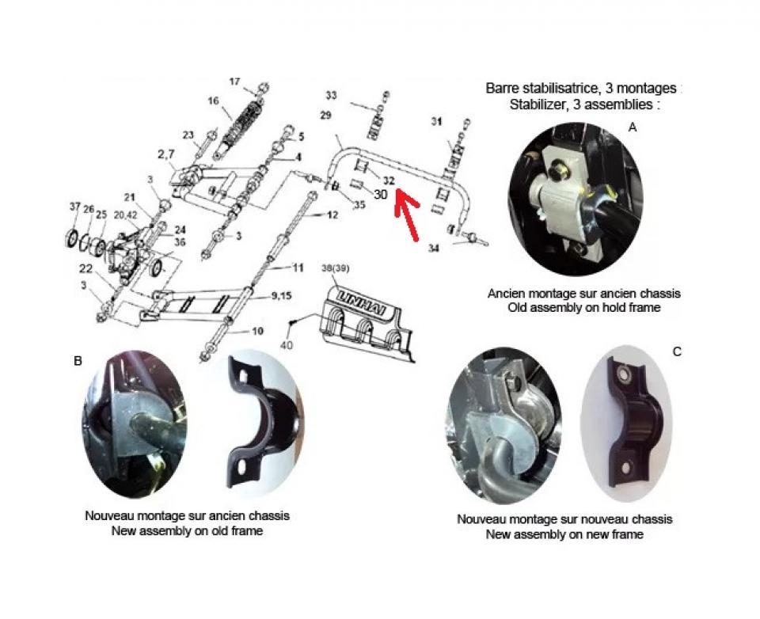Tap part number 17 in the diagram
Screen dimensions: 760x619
coord(234,82)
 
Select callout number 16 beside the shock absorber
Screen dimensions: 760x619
coord(214,101)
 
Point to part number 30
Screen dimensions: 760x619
coord(381,194)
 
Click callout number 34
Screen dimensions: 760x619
coord(434,249)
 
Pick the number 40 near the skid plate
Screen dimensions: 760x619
coord(287,345)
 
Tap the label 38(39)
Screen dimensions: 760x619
coord(335,268)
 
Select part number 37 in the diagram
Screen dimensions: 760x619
coord(74,207)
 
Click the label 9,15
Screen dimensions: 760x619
coord(282,295)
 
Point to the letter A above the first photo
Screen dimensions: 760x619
coord(632,127)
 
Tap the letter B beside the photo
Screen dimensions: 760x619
coord(78,361)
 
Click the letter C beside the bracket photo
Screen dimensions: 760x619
coord(677,352)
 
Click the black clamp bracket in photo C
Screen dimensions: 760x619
coord(632,422)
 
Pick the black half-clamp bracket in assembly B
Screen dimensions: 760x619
coord(262,422)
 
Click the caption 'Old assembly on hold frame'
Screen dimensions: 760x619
coord(584,307)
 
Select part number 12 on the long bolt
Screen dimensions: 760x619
coord(332,215)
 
